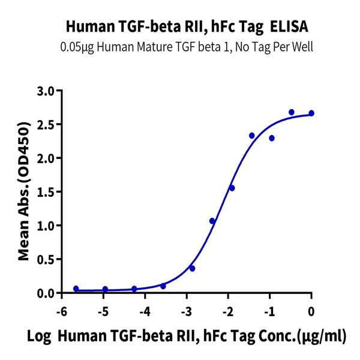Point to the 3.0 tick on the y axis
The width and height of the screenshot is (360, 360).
point(45,91)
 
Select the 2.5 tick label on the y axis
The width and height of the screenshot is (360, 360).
point(45,125)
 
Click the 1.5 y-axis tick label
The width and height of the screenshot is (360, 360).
point(45,192)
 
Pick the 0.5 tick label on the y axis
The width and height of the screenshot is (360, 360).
point(45,260)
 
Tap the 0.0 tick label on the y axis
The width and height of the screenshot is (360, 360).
point(45,293)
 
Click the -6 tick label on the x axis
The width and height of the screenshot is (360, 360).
point(61,311)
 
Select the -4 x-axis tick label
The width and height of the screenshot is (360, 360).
point(144,311)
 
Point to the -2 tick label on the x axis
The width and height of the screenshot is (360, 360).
point(227,311)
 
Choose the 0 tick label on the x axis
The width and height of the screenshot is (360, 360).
point(311,311)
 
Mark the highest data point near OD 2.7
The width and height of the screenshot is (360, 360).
point(292,112)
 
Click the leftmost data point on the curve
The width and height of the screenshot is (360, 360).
point(76,289)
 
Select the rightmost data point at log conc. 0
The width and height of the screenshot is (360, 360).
point(311,113)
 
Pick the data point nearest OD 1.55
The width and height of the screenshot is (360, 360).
point(232,188)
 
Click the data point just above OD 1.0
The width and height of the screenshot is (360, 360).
point(212,221)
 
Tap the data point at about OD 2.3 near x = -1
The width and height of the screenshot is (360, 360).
point(272,138)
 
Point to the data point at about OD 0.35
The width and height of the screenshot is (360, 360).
point(192,268)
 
